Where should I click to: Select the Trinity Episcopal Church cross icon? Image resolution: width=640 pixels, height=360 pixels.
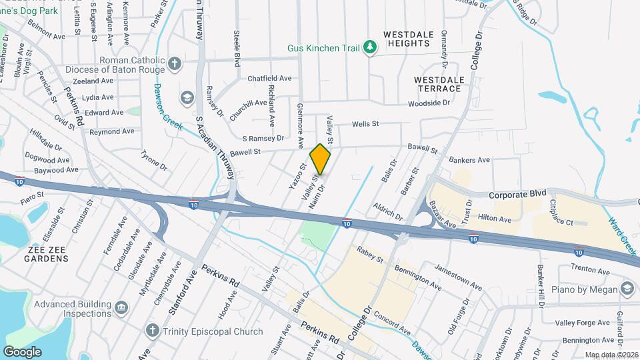coord(152,331)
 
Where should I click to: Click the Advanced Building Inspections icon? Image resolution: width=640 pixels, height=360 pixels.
coord(121,307)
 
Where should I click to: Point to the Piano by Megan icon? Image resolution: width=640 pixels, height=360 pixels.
coord(627,288)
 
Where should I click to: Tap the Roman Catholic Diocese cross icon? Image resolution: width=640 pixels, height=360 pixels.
coord(175,64)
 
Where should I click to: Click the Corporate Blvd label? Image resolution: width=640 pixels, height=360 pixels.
coord(517,195)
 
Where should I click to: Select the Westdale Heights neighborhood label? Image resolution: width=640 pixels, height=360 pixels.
coord(406,38)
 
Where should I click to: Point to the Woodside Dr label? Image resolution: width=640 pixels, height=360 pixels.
coord(429,103)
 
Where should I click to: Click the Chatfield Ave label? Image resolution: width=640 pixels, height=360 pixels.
coord(269,79)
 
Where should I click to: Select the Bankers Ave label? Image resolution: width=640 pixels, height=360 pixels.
coord(469,160)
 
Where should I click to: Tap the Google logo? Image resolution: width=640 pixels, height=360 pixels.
coord(22,351)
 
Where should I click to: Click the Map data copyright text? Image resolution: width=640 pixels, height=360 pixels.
coord(611,355)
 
